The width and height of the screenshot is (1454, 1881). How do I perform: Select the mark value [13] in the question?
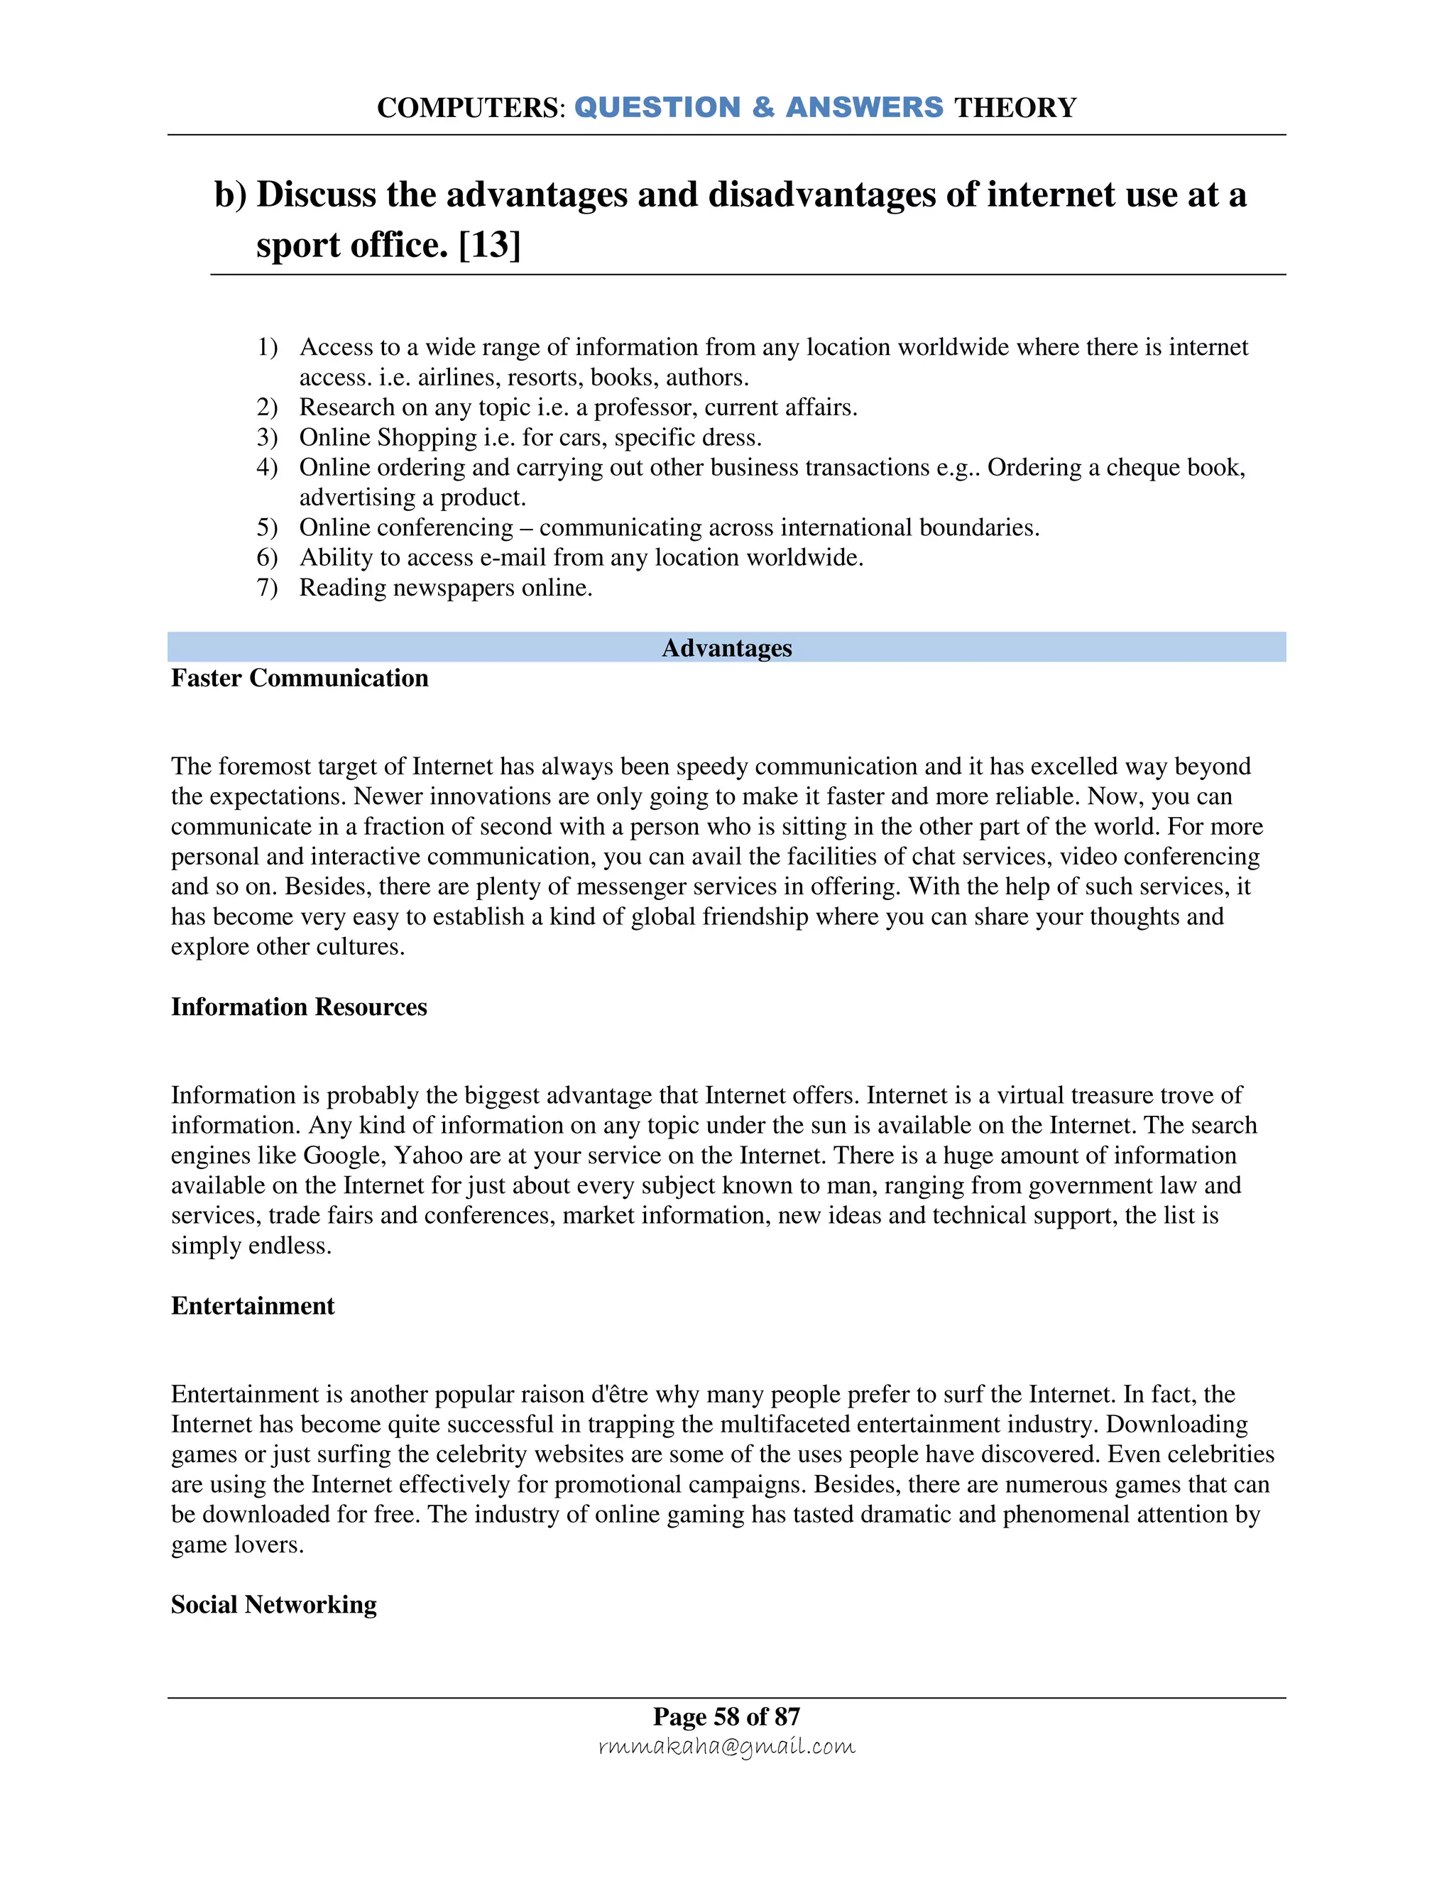coord(489,246)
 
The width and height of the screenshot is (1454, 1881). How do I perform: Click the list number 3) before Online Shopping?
coord(267,437)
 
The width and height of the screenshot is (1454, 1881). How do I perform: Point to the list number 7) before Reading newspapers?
coord(267,588)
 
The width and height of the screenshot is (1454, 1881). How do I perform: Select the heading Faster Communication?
coord(299,678)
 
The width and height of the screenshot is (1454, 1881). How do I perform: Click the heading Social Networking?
coord(273,1605)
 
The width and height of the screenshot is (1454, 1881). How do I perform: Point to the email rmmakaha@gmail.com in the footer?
coord(726,1747)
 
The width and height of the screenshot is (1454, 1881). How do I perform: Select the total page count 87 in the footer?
coord(787,1716)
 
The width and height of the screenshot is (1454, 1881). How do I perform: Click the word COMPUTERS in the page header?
coord(468,108)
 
